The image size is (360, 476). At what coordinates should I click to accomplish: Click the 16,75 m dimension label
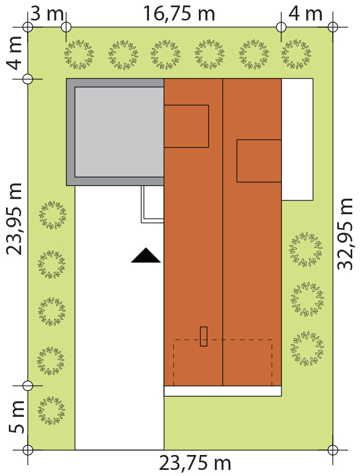click(179, 14)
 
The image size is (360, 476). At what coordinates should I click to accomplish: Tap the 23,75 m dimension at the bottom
click(195, 463)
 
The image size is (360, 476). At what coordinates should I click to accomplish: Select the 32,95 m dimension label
click(345, 234)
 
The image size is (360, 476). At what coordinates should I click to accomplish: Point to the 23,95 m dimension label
click(14, 219)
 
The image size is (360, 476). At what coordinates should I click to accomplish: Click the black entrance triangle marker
click(146, 255)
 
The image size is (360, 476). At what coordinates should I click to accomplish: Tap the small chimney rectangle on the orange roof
click(204, 337)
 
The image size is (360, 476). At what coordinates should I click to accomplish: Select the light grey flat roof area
click(120, 132)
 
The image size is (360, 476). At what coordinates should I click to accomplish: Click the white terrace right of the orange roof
click(297, 139)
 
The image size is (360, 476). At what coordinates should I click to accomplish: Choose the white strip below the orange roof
click(223, 391)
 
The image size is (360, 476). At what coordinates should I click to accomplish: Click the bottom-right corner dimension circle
click(333, 449)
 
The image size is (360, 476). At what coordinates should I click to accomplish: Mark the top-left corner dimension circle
click(28, 27)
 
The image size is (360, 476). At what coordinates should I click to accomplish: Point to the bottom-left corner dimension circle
click(28, 449)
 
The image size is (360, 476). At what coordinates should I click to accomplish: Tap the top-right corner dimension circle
click(333, 27)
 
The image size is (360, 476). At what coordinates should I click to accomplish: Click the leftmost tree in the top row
click(79, 54)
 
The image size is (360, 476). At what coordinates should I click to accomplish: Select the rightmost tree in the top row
click(296, 54)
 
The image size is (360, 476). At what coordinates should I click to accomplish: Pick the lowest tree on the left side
click(52, 410)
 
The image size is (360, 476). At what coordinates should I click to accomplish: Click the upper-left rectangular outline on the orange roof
click(186, 126)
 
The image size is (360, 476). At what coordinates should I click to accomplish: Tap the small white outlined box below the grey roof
click(152, 204)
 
